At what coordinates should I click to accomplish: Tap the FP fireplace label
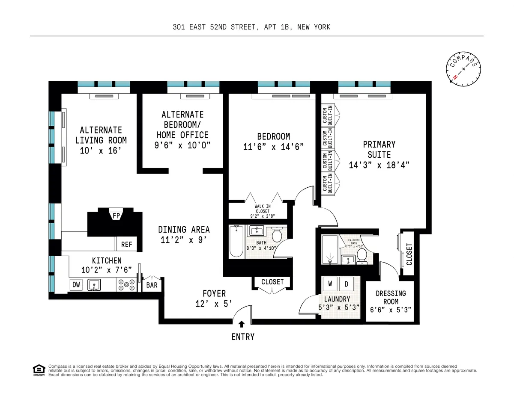116,216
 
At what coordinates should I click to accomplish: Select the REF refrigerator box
126,245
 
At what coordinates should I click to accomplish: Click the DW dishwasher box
76,284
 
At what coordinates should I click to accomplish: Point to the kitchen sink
94,284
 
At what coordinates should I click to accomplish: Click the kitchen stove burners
126,284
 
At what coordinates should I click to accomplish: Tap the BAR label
152,284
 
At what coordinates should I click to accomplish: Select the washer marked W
330,283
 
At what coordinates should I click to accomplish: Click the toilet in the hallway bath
277,234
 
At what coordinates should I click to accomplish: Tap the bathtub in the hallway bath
236,242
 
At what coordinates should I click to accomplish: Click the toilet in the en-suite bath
362,256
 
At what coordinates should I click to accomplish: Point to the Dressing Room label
391,298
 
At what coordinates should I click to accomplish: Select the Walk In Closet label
262,208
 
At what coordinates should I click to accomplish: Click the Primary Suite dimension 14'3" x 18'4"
379,165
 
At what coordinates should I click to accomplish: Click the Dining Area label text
184,230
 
